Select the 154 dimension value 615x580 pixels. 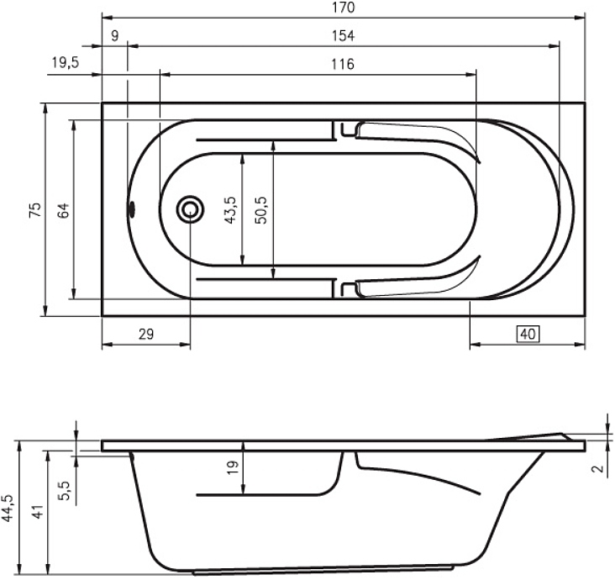(x=343, y=35)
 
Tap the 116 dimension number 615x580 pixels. (x=343, y=64)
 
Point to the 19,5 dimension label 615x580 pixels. (x=66, y=62)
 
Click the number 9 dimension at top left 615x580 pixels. (x=114, y=35)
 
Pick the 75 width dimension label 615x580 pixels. (x=35, y=210)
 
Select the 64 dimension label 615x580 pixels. (x=63, y=210)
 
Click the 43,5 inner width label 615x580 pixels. (x=230, y=210)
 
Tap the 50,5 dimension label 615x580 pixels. (x=260, y=210)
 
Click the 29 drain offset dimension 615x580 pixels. (x=146, y=335)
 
